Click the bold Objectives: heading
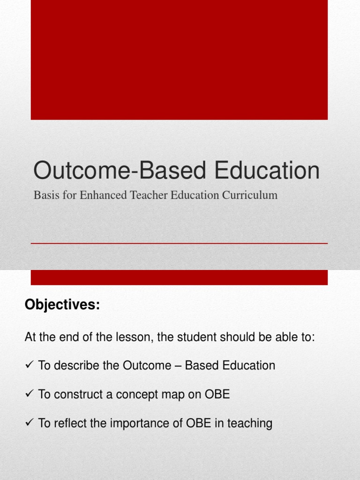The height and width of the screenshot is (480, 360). coord(62,305)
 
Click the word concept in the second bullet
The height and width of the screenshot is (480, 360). coord(134,395)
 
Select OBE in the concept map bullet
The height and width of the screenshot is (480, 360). coord(217,395)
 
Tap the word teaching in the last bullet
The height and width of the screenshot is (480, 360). coord(249,424)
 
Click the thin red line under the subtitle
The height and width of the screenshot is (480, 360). coord(179,244)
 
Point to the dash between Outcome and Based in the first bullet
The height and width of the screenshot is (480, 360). coord(177,366)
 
